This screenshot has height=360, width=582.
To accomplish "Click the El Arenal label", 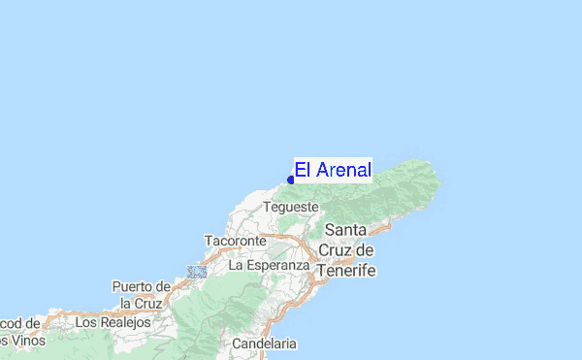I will point(333,171).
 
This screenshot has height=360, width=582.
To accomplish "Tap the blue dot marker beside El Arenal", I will point(291,180).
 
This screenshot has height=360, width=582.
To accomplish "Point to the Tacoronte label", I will point(235,240).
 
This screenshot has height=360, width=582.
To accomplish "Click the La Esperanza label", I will point(269,264).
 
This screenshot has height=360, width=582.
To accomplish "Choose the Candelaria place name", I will point(265,344).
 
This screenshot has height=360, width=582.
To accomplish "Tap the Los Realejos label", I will point(113,321).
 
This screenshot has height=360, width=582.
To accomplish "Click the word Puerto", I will point(137,286).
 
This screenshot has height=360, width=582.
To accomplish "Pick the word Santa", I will point(345,230).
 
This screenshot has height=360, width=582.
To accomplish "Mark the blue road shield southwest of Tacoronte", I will point(198,272).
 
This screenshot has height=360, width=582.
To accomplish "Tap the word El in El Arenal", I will point(302,171).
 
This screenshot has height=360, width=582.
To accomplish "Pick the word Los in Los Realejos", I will point(85,321).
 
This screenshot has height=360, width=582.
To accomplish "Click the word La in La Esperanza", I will point(236,264).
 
